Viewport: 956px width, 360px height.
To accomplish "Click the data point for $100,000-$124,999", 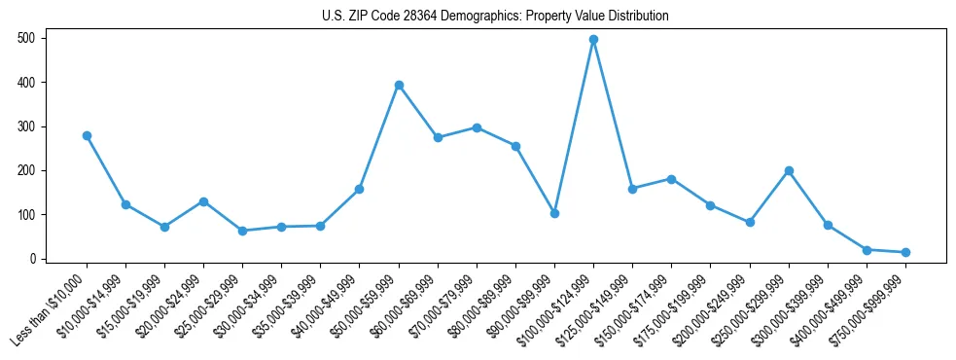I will [593, 40].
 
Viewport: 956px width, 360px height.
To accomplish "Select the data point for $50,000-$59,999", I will [399, 86].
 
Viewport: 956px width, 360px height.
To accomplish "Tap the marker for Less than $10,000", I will [87, 136].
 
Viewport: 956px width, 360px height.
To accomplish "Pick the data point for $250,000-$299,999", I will [789, 171].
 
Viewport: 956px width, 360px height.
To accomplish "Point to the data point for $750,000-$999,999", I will [905, 253].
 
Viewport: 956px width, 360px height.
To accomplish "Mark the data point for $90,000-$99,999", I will [554, 213].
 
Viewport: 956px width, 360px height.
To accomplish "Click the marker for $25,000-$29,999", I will [242, 232].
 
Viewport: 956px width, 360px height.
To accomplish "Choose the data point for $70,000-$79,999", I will [477, 127].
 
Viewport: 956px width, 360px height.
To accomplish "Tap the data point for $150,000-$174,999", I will [671, 179].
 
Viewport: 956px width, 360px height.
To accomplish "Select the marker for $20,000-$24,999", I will [203, 201].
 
